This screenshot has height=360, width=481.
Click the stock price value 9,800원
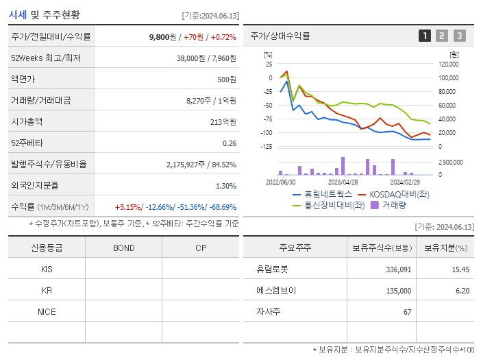pos(164,36)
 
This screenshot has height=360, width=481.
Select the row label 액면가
pos(23,80)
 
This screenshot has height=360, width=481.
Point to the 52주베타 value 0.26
pos(229,143)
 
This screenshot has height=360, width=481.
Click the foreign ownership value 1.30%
pos(225,186)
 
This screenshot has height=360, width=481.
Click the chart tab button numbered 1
pos(425,36)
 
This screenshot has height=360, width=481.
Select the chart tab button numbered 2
pos(442,36)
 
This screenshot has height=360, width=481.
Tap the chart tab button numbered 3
pos(459,36)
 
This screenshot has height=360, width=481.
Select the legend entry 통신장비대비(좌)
pos(334,204)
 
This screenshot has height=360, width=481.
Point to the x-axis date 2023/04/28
pos(343,182)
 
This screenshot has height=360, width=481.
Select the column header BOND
pos(123,248)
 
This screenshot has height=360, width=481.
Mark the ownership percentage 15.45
pos(460,269)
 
